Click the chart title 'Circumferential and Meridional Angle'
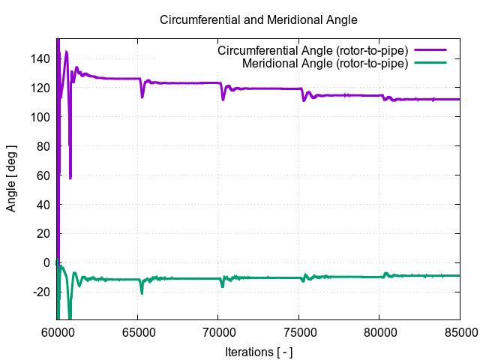tap(259, 19)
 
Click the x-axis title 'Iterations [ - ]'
tap(259, 351)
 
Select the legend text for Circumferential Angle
tap(312, 50)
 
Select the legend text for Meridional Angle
tap(325, 63)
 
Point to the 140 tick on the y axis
tap(41, 58)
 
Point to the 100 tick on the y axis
tap(41, 117)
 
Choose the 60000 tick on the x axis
tap(57, 331)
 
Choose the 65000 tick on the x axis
tap(137, 331)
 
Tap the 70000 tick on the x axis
tap(217, 331)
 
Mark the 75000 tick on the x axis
tap(298, 331)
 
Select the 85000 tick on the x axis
tap(458, 331)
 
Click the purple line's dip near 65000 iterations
tap(142, 95)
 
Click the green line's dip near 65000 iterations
tap(142, 292)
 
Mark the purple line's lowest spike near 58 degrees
tap(70, 177)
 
